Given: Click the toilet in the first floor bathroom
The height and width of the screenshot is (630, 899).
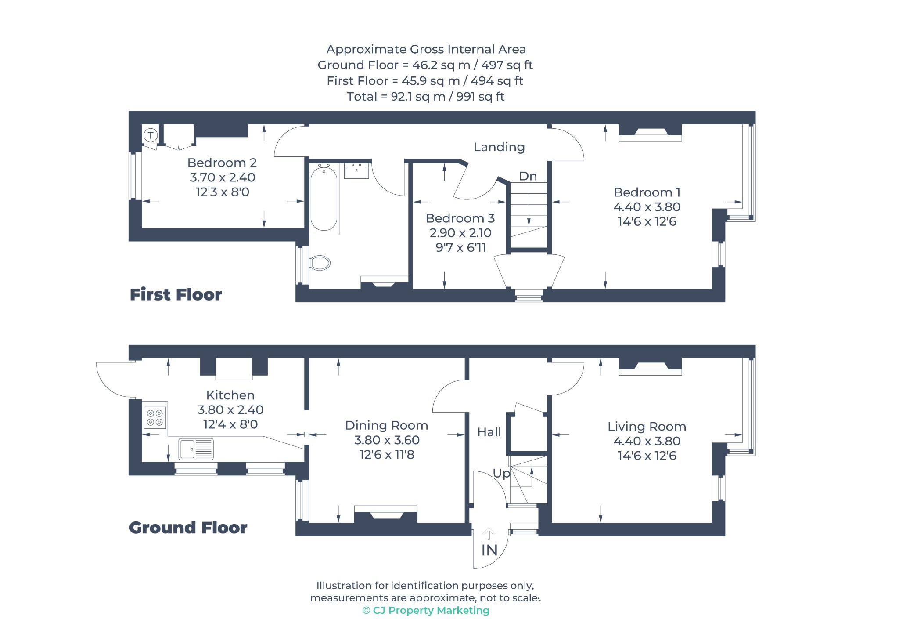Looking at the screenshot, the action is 320,263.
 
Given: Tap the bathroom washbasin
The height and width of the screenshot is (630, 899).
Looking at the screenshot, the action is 356,171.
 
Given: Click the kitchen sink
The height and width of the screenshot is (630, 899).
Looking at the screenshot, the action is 196,449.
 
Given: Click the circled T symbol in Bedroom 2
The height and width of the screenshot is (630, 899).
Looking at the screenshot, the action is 151,135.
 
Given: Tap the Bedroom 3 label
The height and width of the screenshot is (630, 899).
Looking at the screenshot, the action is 460,218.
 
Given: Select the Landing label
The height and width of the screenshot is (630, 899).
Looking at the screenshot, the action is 499,147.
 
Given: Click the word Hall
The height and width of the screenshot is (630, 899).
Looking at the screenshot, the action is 489,432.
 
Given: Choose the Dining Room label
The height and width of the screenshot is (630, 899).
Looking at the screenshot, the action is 386,425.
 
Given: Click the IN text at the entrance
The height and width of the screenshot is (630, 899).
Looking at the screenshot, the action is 489,550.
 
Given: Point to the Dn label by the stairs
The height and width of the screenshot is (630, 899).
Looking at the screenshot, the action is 528,176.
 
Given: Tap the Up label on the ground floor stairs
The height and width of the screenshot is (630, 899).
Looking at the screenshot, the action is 501,474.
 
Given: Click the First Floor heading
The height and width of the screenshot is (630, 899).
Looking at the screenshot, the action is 176,294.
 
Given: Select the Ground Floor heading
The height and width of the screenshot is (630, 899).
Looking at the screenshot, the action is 188,527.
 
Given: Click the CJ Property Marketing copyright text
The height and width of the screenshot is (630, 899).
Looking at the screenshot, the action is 426,610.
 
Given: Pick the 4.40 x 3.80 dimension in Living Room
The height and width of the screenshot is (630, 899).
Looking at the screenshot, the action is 647,441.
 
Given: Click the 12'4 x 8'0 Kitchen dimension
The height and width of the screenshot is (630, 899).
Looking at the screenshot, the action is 230,424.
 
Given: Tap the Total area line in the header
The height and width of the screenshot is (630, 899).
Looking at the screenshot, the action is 425,97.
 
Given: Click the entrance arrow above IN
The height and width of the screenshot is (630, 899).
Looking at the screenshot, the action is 489,534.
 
